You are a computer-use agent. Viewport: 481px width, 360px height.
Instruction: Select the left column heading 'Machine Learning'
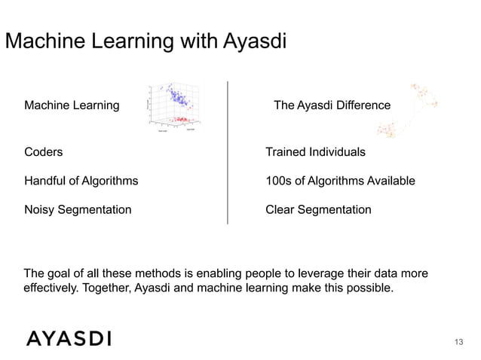coord(72,105)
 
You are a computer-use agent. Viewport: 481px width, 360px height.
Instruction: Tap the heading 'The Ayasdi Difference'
coord(332,105)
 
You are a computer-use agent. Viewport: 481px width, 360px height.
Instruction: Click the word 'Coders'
coord(44,152)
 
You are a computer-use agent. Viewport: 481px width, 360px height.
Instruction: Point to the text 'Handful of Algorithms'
coord(81,182)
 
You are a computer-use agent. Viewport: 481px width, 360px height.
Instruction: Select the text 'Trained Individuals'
coord(315,152)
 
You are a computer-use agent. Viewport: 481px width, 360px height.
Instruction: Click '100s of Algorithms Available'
coord(340,182)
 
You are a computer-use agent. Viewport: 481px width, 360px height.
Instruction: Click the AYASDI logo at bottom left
coord(69,338)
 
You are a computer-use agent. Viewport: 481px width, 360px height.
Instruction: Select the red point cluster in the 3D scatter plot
coord(180,119)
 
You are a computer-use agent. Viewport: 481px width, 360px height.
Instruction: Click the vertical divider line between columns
coord(227,151)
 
